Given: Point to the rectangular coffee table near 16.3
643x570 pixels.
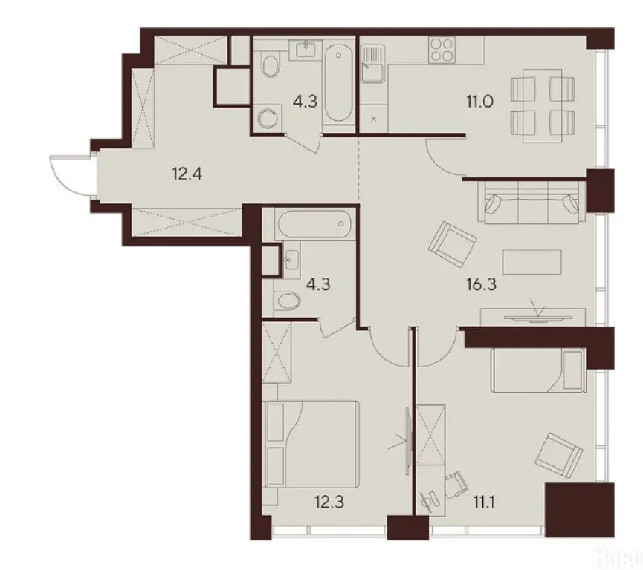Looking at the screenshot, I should tap(531, 261).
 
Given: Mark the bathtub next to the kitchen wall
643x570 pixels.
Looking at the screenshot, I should tap(339, 83).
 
